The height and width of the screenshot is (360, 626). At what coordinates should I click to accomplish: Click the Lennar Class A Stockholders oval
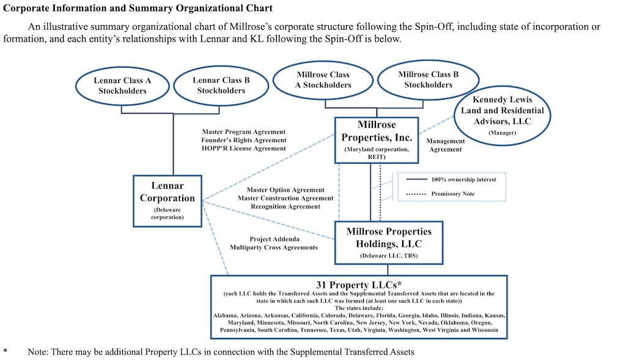click(x=122, y=86)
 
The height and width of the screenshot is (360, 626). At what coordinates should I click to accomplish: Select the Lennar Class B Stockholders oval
click(x=221, y=86)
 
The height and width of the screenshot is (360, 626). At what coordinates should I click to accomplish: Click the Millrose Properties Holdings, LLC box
click(x=389, y=242)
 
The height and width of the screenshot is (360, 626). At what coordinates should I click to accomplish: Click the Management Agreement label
click(x=446, y=145)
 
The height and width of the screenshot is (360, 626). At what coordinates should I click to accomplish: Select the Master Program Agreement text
click(x=243, y=131)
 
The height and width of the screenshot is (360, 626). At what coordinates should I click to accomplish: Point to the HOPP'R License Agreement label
click(x=243, y=149)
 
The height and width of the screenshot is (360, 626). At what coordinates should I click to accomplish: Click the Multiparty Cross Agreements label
click(x=273, y=248)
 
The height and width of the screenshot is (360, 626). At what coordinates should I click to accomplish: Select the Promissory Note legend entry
click(x=453, y=194)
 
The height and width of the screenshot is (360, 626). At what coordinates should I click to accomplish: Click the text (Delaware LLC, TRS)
click(x=389, y=256)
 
